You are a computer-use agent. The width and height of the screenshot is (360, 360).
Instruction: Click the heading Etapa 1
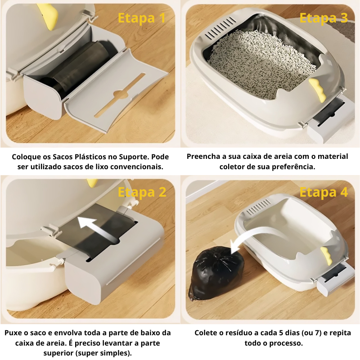click(141, 18)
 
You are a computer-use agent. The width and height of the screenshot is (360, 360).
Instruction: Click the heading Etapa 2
click(142, 192)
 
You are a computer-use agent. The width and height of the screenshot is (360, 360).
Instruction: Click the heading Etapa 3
click(324, 18)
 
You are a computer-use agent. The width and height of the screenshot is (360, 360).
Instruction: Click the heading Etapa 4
click(324, 192)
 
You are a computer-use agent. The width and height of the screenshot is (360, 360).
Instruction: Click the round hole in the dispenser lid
click(121, 94)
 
